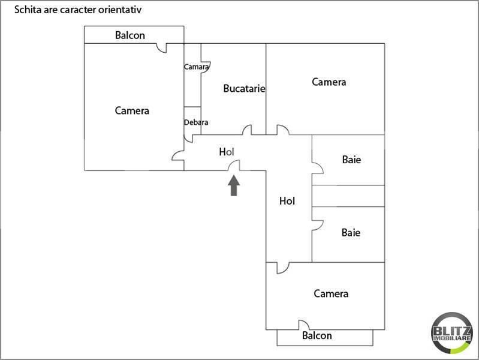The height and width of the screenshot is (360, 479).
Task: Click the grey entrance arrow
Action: [234, 185]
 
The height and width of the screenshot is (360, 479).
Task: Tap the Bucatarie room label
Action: [244, 88]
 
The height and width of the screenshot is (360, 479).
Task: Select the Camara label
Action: [196, 67]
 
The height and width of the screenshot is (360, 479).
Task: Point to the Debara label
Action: [196, 122]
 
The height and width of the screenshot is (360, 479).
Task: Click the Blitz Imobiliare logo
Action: [452, 333]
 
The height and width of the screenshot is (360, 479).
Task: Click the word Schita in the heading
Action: [28, 10]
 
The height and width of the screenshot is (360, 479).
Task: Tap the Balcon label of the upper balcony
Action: [130, 35]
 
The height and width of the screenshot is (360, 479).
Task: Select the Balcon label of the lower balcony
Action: [317, 335]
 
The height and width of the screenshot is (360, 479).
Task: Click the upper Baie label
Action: [351, 160]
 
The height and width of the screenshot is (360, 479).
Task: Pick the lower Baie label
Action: [351, 232]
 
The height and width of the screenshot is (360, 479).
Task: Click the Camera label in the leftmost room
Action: [132, 110]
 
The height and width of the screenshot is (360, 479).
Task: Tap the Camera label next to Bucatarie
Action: [329, 82]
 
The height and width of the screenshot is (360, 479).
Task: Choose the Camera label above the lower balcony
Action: [331, 293]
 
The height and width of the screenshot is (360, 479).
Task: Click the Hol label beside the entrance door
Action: [227, 152]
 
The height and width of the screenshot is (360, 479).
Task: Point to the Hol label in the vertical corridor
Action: [287, 201]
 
